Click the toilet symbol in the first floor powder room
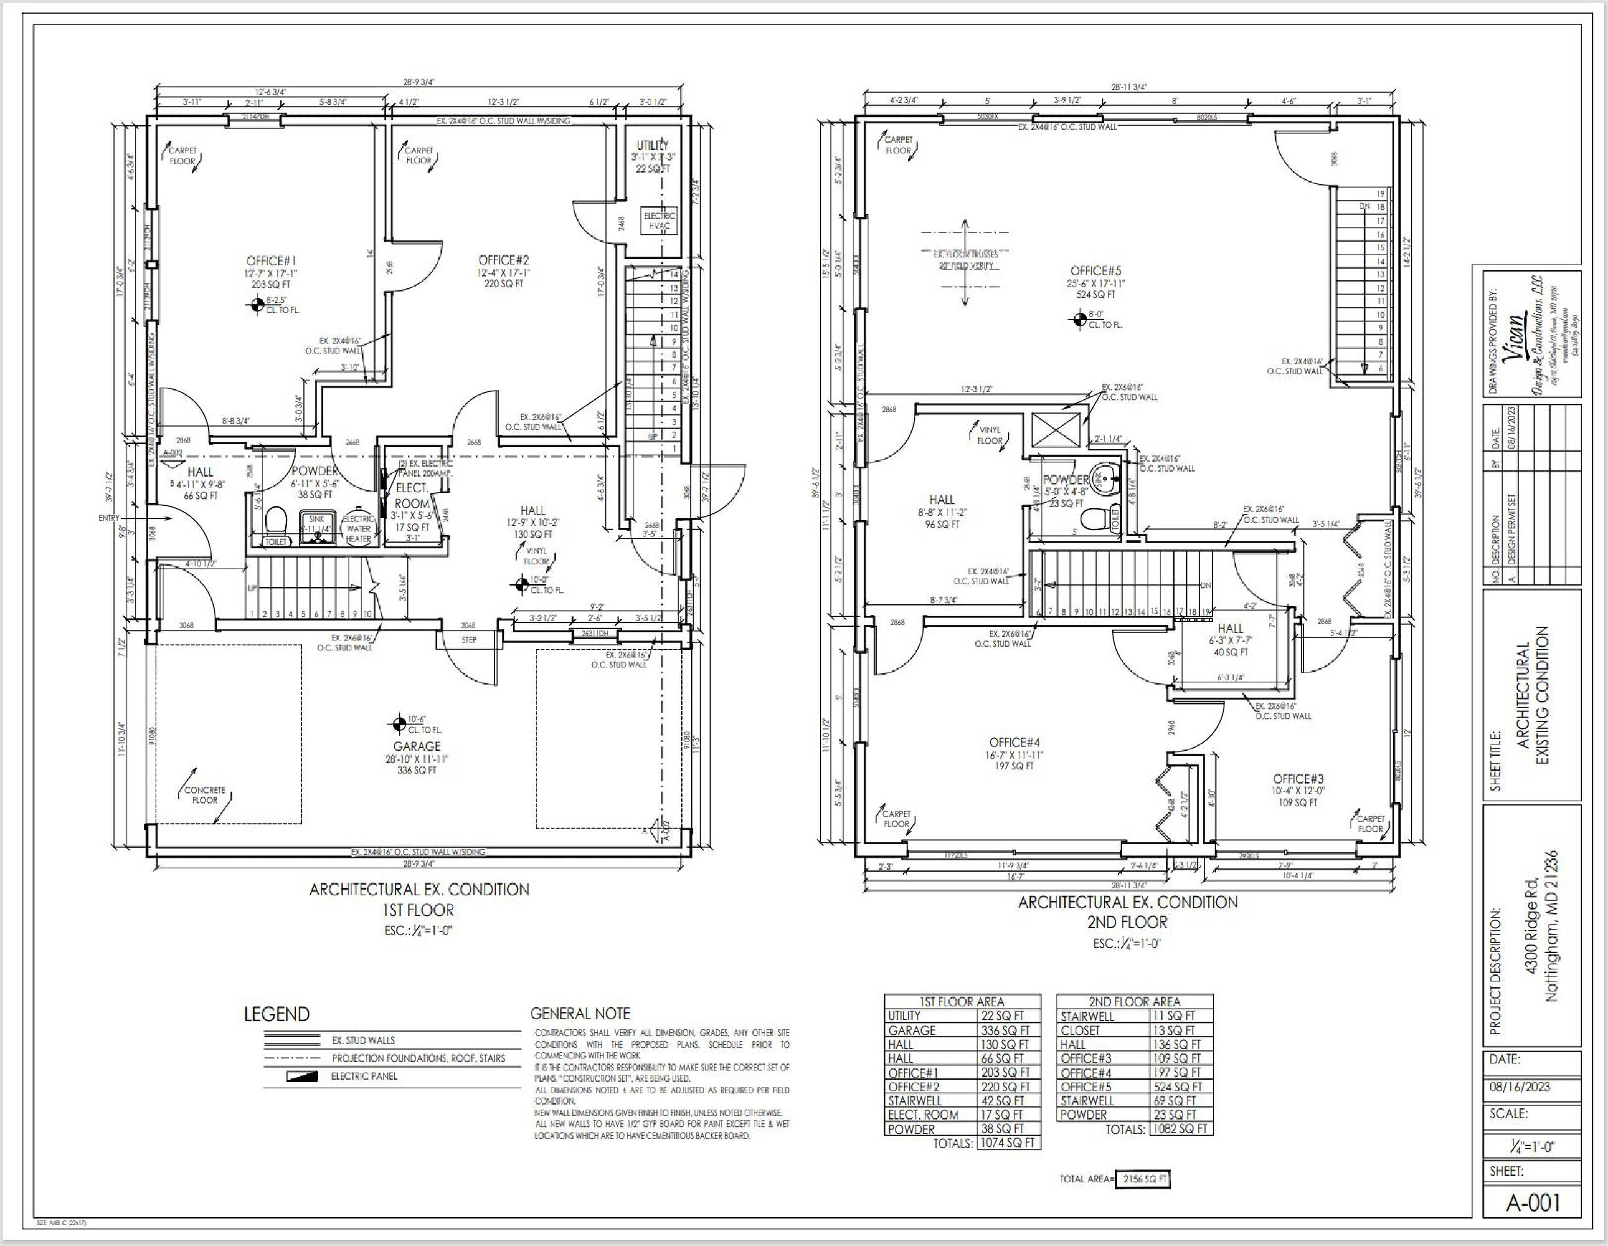(x=275, y=521)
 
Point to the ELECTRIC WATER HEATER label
(x=359, y=529)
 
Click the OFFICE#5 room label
(x=1095, y=271)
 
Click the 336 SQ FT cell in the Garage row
(x=1005, y=1031)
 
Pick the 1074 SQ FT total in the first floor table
(x=1007, y=1144)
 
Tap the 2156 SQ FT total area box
(x=1143, y=1179)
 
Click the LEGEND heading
(x=277, y=1015)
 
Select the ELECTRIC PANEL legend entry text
(x=364, y=1076)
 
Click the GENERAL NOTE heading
(x=579, y=1014)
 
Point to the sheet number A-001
(x=1533, y=1202)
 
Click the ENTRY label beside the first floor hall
(x=108, y=518)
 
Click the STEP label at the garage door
(x=469, y=640)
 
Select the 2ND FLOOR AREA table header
(x=1134, y=1002)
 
